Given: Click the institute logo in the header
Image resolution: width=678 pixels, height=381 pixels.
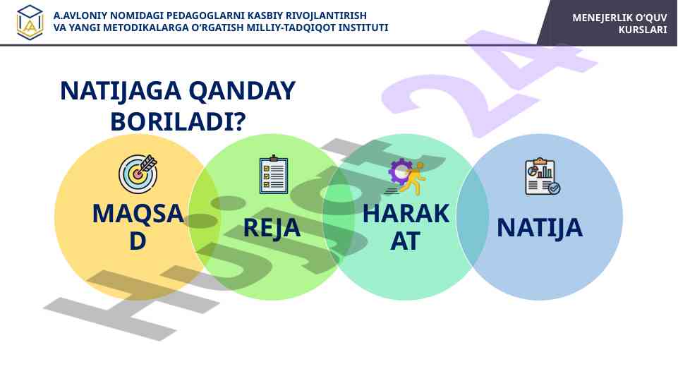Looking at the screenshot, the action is (30, 23).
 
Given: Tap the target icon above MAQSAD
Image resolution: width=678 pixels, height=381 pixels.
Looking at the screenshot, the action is (138, 174).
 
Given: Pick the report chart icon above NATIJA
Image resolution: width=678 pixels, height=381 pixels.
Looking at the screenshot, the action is (543, 176).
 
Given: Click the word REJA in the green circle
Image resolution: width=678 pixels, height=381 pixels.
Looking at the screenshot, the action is (272, 227).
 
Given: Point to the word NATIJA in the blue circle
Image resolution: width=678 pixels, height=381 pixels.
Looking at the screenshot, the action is (540, 227).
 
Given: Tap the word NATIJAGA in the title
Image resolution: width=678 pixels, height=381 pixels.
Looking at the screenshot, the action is (121, 91).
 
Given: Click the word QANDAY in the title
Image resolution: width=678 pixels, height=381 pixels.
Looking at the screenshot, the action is (242, 91).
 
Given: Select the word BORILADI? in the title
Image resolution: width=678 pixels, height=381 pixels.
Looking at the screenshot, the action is (178, 121).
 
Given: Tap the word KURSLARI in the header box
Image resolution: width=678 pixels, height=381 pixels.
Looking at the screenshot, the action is (643, 30).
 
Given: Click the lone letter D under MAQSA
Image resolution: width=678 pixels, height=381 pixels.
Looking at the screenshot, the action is (138, 241).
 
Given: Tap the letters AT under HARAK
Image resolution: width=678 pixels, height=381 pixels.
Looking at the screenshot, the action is (405, 241).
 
